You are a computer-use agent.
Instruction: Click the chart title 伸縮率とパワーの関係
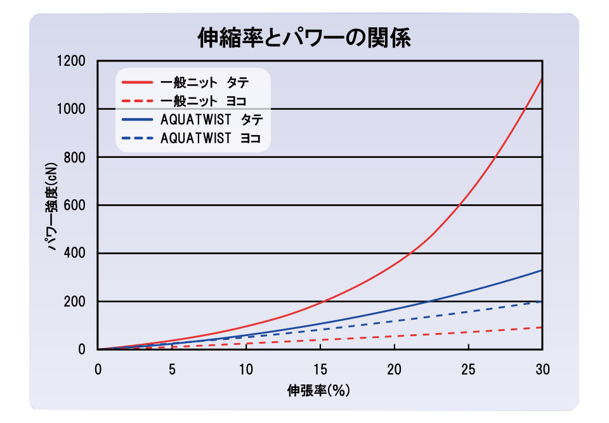[304, 37]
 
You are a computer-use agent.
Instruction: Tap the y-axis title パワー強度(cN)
[53, 206]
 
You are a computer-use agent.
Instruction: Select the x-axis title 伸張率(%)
[319, 390]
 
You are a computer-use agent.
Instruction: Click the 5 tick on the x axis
[172, 369]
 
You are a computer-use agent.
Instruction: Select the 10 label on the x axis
[246, 369]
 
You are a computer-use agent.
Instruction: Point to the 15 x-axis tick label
[320, 369]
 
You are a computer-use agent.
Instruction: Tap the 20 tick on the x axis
[394, 369]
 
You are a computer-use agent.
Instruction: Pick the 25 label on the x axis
[468, 369]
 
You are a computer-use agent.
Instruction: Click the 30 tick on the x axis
[542, 369]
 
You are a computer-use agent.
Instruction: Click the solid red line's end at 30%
[541, 79]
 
